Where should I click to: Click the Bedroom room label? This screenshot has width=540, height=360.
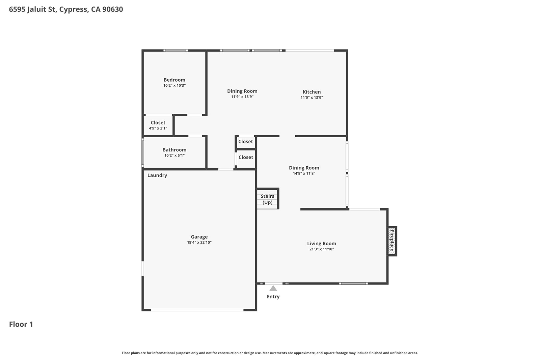pyautogui.click(x=174, y=80)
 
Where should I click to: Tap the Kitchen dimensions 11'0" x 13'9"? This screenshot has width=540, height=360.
pyautogui.click(x=312, y=98)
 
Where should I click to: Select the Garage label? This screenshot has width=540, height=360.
pyautogui.click(x=199, y=237)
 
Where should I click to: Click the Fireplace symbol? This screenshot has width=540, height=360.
pyautogui.click(x=391, y=241)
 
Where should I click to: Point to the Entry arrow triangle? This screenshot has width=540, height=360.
pyautogui.click(x=273, y=288)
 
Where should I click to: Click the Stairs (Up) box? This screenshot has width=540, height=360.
pyautogui.click(x=267, y=199)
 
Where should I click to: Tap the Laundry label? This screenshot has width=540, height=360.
pyautogui.click(x=157, y=175)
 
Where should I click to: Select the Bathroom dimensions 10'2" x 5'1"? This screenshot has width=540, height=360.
pyautogui.click(x=174, y=156)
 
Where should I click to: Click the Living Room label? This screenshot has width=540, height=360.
pyautogui.click(x=321, y=244)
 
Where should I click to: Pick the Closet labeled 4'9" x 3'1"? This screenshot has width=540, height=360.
pyautogui.click(x=158, y=125)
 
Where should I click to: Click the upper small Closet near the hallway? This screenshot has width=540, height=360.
pyautogui.click(x=245, y=142)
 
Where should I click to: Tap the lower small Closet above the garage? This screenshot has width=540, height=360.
pyautogui.click(x=246, y=158)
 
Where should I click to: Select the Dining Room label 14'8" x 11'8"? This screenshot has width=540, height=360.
pyautogui.click(x=304, y=168)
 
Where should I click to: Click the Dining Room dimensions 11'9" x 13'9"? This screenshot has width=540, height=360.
pyautogui.click(x=242, y=97)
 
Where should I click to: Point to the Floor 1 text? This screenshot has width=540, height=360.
pyautogui.click(x=21, y=324)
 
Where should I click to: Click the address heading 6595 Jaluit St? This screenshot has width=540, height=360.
pyautogui.click(x=66, y=9)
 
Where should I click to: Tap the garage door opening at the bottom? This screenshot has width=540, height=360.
pyautogui.click(x=197, y=310)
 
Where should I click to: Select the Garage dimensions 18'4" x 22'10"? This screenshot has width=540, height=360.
pyautogui.click(x=199, y=243)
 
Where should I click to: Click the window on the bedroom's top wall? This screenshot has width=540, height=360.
pyautogui.click(x=175, y=51)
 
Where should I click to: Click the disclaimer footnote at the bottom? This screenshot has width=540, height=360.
pyautogui.click(x=270, y=353)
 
